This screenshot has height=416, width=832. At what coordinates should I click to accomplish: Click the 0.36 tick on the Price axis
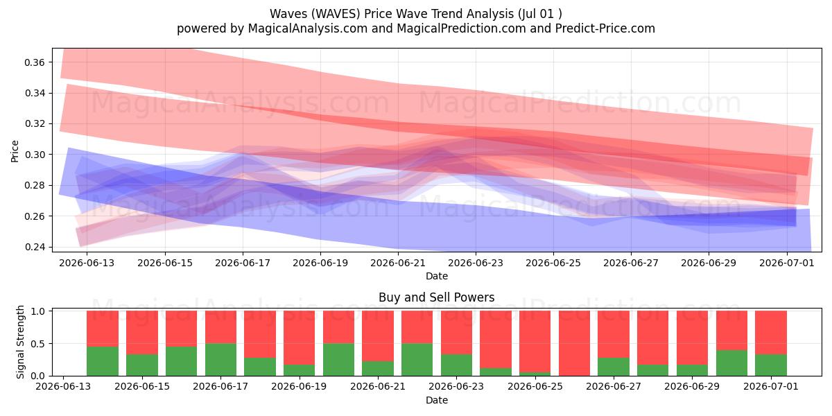click(35, 62)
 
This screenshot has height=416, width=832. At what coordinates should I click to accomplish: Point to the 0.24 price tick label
click(35, 247)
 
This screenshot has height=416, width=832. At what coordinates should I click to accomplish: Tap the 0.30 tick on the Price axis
click(35, 155)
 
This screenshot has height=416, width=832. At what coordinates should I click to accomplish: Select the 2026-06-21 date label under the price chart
click(398, 263)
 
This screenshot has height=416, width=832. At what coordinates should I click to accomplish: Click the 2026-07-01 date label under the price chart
click(787, 263)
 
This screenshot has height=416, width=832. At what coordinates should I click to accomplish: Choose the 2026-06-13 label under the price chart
click(87, 263)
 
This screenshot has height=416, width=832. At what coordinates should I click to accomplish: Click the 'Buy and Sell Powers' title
click(436, 297)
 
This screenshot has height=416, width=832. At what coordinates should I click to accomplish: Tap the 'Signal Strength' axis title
click(20, 342)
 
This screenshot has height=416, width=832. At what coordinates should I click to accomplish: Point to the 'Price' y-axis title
click(15, 151)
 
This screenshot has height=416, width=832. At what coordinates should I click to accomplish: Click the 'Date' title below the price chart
click(437, 276)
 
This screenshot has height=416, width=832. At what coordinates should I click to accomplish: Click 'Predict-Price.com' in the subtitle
click(605, 28)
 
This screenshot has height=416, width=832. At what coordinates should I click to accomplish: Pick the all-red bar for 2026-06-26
click(574, 343)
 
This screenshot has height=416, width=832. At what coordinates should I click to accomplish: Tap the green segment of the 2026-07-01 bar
click(771, 365)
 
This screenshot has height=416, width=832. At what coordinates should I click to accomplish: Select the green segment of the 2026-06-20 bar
click(338, 360)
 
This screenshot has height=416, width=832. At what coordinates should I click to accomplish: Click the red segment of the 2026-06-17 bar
click(220, 327)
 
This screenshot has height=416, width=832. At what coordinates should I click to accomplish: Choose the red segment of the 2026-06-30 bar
click(731, 331)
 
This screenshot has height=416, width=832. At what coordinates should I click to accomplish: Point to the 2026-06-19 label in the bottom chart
click(299, 386)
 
